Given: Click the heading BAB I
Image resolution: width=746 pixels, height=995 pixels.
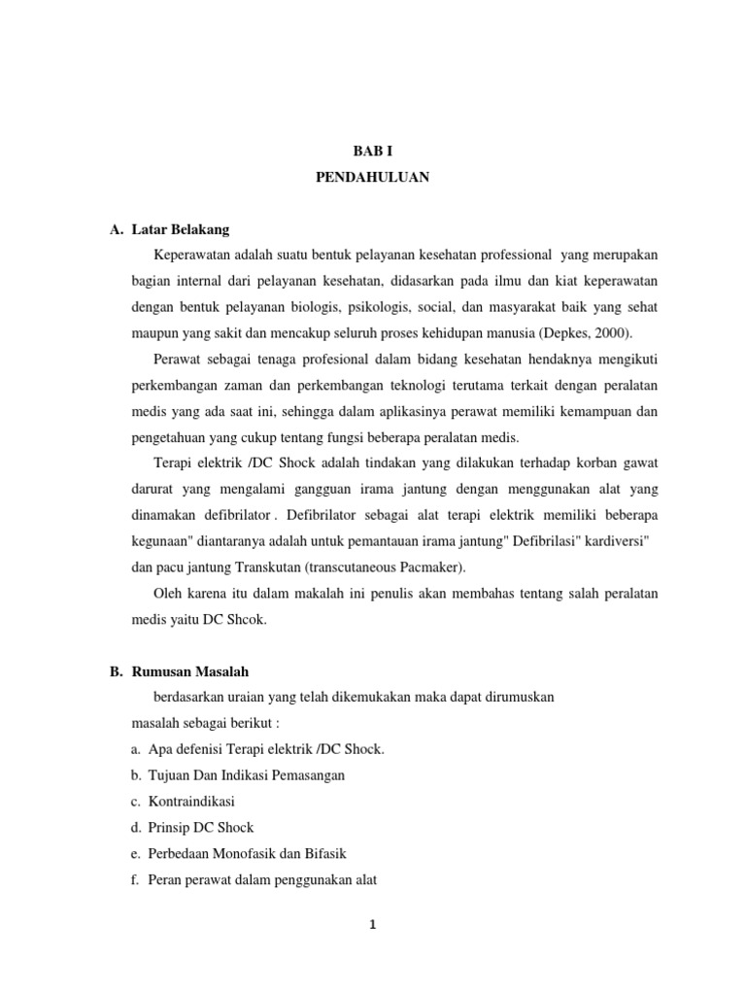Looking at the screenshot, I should click(372, 152).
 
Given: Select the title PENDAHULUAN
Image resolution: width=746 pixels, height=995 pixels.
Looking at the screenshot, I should click(372, 178).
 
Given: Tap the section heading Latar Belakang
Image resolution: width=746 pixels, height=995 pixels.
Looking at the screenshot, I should click(180, 229).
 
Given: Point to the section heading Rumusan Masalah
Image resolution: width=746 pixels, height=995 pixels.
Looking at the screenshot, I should click(189, 670).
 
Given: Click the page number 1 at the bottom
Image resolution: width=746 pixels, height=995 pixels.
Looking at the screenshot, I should click(372, 925).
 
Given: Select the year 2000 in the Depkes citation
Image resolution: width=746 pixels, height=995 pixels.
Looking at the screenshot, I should click(609, 330).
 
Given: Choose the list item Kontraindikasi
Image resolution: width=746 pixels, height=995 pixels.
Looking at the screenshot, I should click(191, 802).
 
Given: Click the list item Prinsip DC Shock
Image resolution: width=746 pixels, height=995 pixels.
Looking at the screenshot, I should click(201, 827).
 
